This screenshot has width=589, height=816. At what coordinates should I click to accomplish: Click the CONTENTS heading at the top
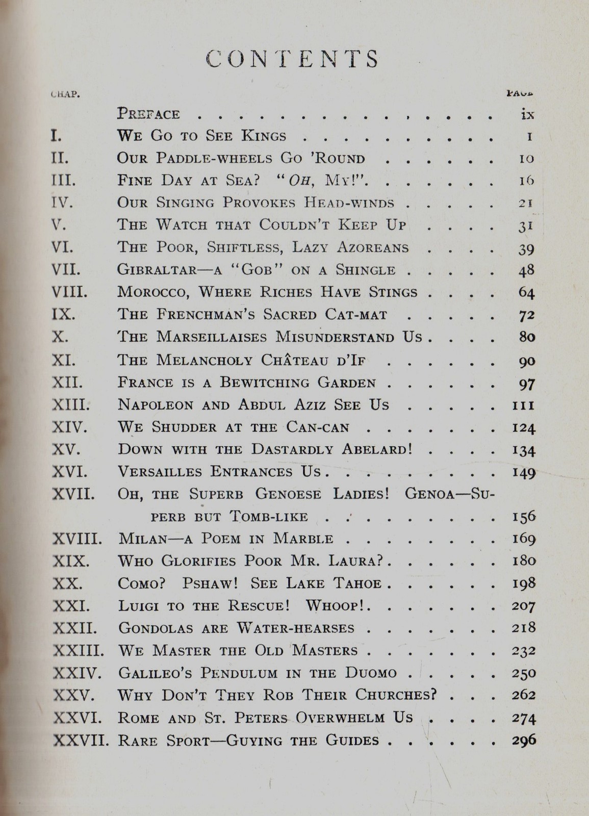pos(293,59)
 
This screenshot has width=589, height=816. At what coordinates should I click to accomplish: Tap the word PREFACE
pos(148,113)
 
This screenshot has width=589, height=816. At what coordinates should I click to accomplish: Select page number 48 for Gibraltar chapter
pos(526,270)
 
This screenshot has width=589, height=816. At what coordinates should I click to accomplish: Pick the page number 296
pos(523,739)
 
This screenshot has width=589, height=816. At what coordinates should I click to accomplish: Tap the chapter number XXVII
pos(81,740)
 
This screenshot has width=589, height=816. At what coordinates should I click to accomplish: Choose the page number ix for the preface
pos(527,114)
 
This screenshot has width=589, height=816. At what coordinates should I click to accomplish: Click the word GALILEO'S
pos(155,673)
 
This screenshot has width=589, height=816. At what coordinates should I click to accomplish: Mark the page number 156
pos(523,516)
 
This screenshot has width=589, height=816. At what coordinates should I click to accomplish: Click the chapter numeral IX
pos(64,315)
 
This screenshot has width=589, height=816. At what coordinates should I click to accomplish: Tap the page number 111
pos(523,405)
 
